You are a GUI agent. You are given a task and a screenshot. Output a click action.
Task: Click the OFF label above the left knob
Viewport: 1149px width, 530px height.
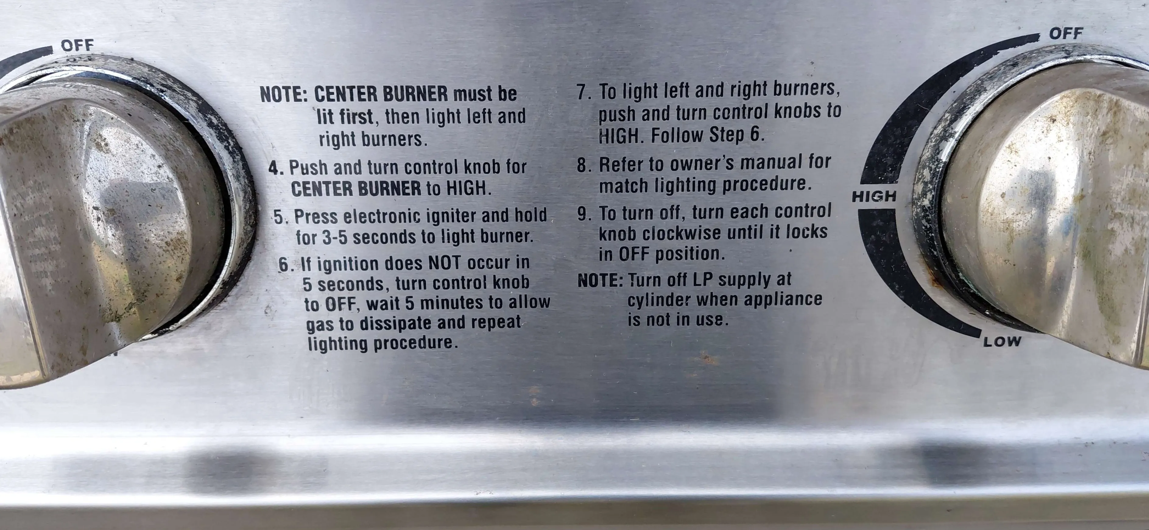[x=78, y=45]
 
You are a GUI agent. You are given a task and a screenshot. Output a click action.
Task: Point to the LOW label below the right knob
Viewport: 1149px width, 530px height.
[x=1002, y=342]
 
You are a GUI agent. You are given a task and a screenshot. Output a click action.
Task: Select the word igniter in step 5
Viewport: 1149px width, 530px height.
[x=451, y=216]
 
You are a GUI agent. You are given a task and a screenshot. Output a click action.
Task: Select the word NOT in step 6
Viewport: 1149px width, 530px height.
[x=444, y=263]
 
